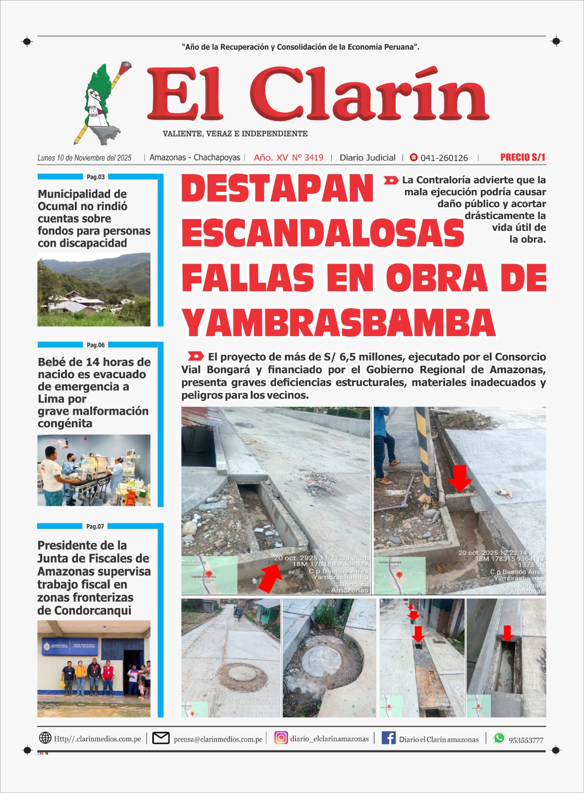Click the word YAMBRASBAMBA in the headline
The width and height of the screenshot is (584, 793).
click(x=339, y=323)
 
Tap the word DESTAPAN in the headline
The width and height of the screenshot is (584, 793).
click(x=277, y=189)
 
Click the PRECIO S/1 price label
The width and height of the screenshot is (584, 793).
click(x=523, y=158)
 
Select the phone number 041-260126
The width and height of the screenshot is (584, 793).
click(x=444, y=158)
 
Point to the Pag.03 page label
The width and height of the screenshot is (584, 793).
click(x=96, y=177)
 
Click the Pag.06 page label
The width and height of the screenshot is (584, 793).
click(x=96, y=345)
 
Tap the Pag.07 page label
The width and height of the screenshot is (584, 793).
click(x=95, y=526)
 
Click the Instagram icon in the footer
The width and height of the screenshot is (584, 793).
click(x=281, y=738)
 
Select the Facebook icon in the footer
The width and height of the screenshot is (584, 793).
click(x=389, y=738)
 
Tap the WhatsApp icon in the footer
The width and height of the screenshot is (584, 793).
click(x=499, y=738)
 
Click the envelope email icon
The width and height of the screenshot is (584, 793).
click(x=161, y=738)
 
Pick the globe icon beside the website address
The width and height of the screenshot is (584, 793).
click(x=45, y=738)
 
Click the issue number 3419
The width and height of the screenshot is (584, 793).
click(x=314, y=158)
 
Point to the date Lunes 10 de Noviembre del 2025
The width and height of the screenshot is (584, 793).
click(x=84, y=158)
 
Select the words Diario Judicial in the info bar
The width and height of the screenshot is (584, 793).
click(x=367, y=158)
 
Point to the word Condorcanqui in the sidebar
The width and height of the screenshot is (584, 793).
click(x=84, y=611)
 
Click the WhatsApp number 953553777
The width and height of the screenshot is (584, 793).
click(x=526, y=740)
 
